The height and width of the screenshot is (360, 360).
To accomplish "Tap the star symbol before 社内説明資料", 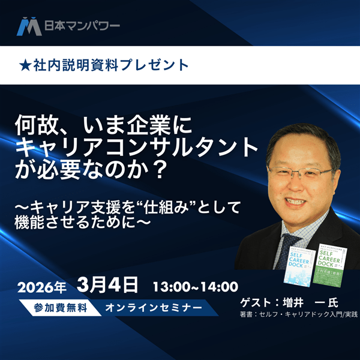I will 25,65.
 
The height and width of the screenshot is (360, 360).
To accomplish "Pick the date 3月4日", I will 108,284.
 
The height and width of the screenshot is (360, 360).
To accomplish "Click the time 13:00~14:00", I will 195,286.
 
